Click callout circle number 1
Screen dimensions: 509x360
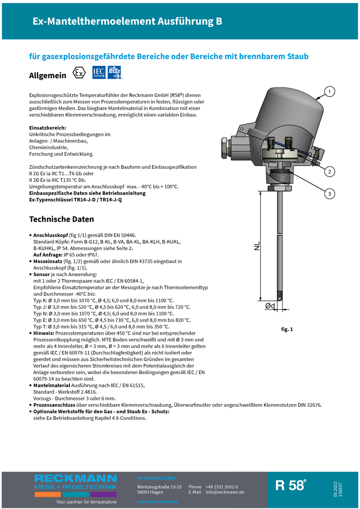[330, 92]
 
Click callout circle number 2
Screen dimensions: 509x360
[330, 172]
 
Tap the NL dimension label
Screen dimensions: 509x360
[257, 246]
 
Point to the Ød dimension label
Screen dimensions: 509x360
[270, 306]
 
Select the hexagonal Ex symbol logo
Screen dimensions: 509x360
[79, 74]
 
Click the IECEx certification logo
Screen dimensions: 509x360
[115, 73]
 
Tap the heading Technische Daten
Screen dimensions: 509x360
[61, 219]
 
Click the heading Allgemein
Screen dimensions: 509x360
[47, 75]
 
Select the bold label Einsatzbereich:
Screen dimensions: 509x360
[47, 127]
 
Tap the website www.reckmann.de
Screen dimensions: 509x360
[157, 502]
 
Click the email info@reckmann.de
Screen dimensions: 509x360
[225, 492]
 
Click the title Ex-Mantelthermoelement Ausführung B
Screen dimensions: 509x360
[127, 22]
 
